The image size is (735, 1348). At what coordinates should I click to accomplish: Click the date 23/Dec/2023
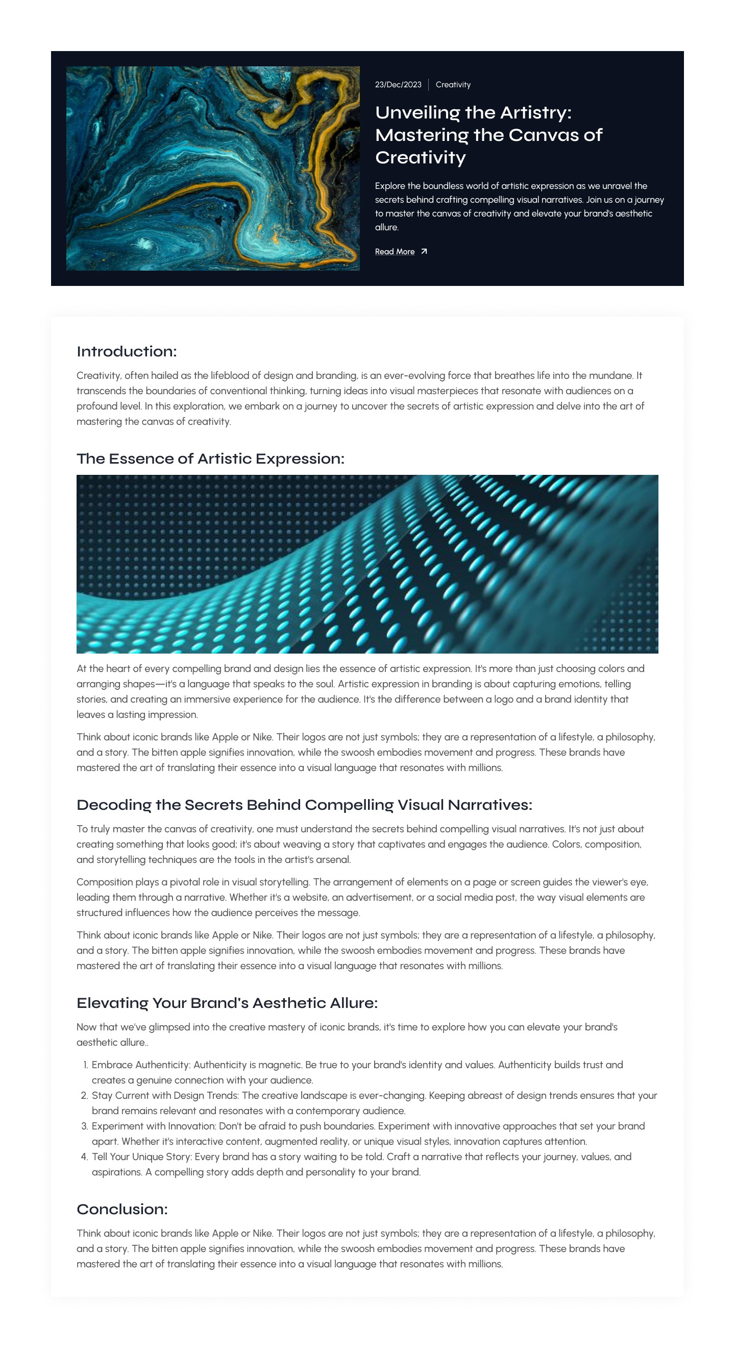click(398, 85)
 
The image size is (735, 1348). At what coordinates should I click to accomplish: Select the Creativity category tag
click(453, 85)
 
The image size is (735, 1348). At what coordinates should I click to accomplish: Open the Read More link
click(395, 252)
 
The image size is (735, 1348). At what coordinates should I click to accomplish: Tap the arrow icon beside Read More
click(424, 252)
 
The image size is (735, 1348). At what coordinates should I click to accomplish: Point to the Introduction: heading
click(127, 352)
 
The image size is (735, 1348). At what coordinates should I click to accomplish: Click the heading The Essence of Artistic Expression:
click(210, 459)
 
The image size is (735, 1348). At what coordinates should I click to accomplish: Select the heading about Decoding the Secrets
click(304, 805)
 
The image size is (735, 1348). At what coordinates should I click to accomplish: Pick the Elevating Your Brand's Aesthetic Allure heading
click(227, 1003)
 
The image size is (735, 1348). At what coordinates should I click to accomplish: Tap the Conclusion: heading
click(122, 1209)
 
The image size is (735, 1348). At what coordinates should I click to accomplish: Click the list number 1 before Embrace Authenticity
click(85, 1065)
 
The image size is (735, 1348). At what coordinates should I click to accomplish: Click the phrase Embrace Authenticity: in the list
click(141, 1065)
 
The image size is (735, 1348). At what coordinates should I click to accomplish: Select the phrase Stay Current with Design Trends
click(165, 1096)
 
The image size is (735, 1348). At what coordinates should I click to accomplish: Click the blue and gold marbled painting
click(212, 168)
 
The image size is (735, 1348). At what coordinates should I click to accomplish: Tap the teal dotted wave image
click(366, 564)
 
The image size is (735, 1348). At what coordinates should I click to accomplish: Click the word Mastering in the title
click(421, 135)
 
